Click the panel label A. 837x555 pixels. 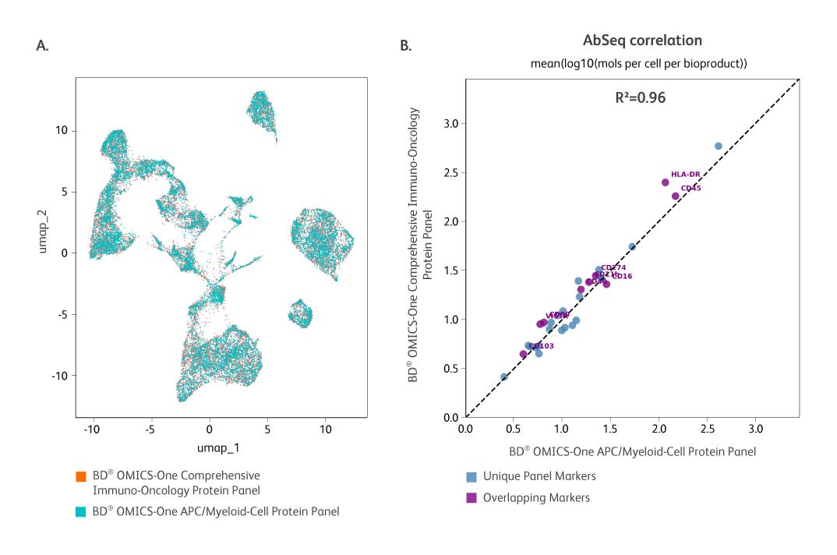click(x=43, y=45)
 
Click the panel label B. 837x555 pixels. click(x=405, y=45)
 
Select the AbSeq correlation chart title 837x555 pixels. click(x=642, y=41)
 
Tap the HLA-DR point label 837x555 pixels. click(x=685, y=175)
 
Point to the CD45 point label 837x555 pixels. click(x=690, y=188)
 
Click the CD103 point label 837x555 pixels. click(x=542, y=345)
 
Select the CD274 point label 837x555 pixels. click(x=613, y=267)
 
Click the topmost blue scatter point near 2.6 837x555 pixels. click(x=719, y=146)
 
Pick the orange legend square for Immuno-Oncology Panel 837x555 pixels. click(x=79, y=475)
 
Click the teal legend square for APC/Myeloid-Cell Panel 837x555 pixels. click(x=79, y=512)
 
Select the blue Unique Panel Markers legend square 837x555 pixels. click(x=471, y=476)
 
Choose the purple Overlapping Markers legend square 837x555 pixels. click(x=471, y=497)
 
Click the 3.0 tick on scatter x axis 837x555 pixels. click(x=755, y=428)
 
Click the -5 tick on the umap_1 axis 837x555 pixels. click(x=150, y=428)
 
